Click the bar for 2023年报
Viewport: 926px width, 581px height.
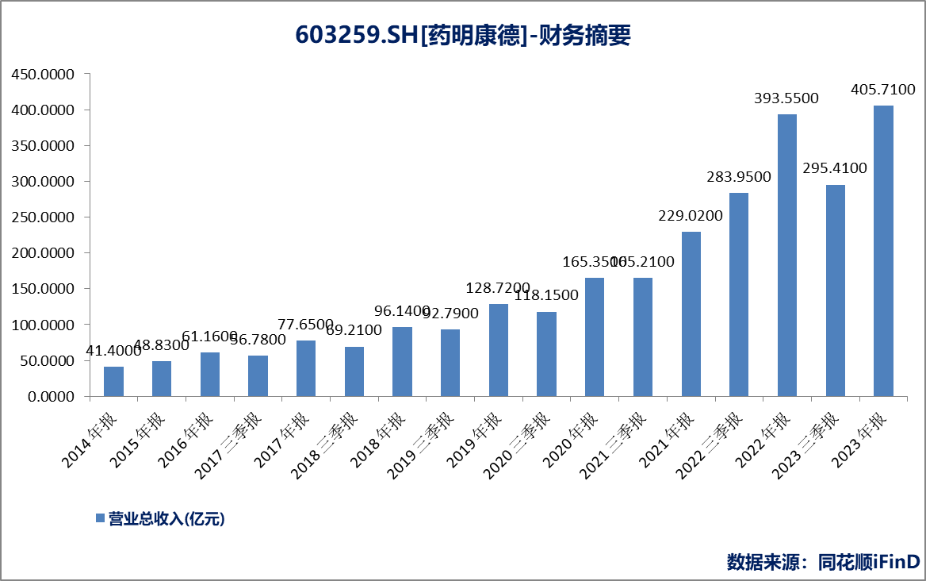[x=883, y=251]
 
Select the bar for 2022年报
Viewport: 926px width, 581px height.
[x=787, y=255]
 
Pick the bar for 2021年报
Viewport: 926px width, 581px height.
[x=691, y=314]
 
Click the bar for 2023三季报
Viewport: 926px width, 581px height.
[x=836, y=290]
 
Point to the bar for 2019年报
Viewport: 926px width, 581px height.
[x=499, y=350]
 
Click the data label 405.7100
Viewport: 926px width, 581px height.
[x=882, y=89]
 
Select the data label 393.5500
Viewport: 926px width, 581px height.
[x=786, y=98]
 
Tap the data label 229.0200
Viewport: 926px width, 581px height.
[x=691, y=216]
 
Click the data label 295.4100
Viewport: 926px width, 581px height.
[x=835, y=168]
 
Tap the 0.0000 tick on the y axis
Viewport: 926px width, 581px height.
[x=48, y=396]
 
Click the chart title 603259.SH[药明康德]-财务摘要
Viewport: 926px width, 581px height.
[x=463, y=35]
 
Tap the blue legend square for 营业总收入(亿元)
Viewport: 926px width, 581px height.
[x=100, y=518]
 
